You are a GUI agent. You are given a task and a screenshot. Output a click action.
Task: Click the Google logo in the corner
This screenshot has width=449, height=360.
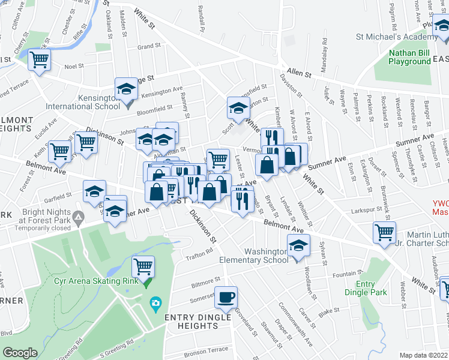20,353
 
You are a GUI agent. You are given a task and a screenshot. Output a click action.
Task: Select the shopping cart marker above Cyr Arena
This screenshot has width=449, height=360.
143,266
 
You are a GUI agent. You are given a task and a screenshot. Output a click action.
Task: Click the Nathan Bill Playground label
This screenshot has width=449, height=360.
409,57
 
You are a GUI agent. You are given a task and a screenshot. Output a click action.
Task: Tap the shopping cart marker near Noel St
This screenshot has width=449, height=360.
40,59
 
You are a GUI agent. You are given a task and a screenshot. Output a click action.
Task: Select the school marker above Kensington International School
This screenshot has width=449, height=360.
126,89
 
